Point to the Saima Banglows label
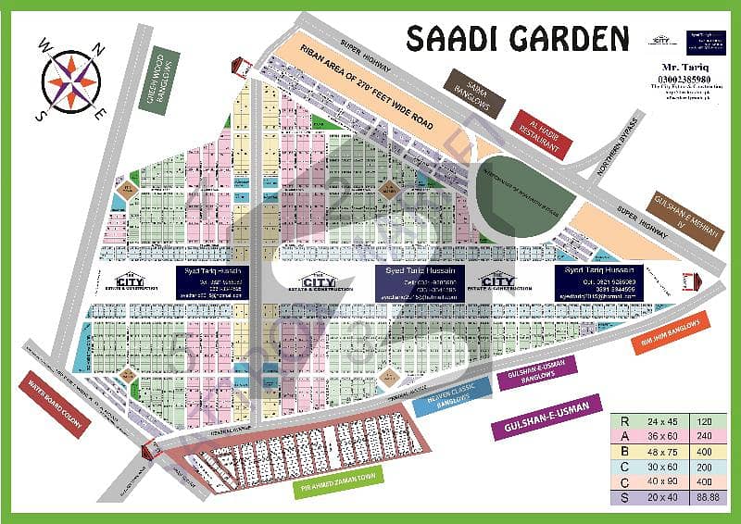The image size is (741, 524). pos(471,94)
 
